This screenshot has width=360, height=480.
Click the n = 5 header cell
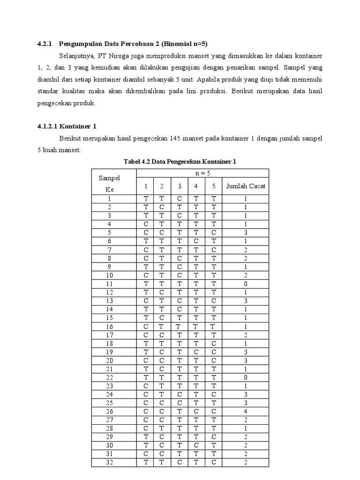(202, 173)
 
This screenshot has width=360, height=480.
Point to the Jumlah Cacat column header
(246, 186)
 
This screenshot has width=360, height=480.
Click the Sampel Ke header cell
(109, 184)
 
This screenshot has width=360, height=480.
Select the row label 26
(109, 412)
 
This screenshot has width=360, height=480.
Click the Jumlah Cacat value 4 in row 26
(245, 412)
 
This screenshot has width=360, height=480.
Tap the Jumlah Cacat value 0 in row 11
(245, 284)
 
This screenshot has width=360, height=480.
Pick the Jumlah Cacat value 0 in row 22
(245, 377)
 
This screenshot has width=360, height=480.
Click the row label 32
(109, 463)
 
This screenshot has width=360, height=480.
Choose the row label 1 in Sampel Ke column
(109, 199)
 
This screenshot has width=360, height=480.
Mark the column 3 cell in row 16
(179, 326)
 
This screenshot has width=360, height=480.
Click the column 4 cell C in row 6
(196, 241)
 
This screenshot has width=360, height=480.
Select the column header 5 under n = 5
(213, 186)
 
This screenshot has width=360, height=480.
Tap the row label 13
(109, 301)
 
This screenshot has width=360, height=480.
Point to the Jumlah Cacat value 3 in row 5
(245, 233)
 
